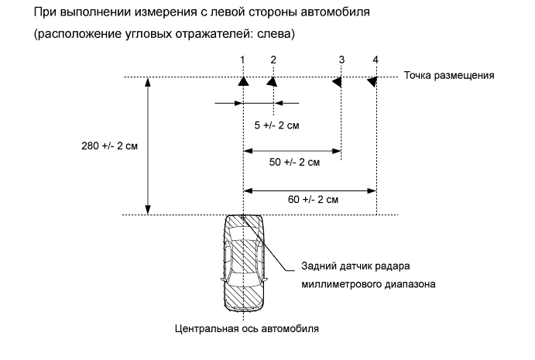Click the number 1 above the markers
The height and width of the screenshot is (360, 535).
coord(242,60)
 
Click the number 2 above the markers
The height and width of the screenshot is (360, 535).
coord(273,60)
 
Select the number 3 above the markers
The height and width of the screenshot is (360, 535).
coord(341,60)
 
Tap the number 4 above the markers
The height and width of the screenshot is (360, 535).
coord(376,60)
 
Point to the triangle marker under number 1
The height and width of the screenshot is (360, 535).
coord(243,81)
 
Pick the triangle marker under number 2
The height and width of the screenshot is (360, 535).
coord(272,81)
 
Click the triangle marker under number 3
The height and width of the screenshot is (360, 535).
coord(338,81)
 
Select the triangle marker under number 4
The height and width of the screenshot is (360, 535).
coord(372,81)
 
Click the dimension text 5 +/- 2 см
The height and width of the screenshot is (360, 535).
coord(276,123)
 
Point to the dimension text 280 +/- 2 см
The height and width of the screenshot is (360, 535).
coord(108,146)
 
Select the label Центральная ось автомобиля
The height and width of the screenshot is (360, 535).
coord(245,327)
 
